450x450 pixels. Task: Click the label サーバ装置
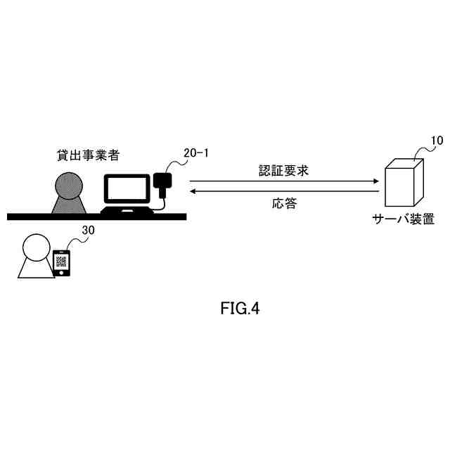coord(403,219)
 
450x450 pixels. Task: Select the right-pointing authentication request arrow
coord(284,181)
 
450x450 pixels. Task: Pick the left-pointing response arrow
coord(284,191)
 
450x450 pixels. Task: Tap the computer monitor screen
coord(127,188)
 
